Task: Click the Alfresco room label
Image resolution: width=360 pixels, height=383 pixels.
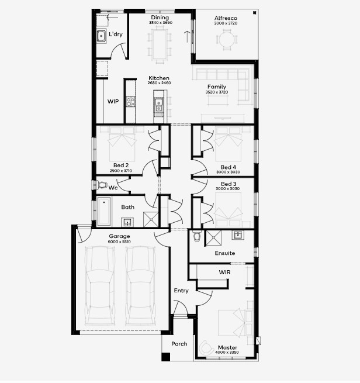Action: click(x=226, y=18)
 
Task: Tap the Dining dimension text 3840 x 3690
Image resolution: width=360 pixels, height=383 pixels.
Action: click(x=161, y=23)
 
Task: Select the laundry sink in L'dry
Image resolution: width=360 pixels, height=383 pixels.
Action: click(x=101, y=36)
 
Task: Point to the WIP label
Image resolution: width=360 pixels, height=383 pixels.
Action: click(x=113, y=101)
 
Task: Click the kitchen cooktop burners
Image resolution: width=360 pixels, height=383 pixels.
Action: click(x=130, y=101)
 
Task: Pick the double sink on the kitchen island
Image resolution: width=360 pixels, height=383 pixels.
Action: click(x=158, y=105)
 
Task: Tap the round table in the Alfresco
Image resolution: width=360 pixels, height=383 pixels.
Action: click(x=227, y=40)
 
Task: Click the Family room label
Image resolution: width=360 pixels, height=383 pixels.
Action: click(x=217, y=87)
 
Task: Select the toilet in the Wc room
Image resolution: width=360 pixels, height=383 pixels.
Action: click(x=102, y=185)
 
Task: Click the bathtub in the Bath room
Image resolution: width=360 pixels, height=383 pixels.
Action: click(x=104, y=211)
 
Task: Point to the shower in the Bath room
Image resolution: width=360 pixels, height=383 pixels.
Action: click(x=151, y=219)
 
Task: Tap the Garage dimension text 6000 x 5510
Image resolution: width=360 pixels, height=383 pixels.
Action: click(x=119, y=242)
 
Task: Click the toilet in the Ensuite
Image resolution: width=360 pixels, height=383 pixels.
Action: click(x=196, y=236)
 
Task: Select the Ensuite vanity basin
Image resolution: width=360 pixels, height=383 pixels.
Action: click(x=237, y=235)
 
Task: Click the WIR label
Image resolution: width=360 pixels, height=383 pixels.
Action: click(x=224, y=272)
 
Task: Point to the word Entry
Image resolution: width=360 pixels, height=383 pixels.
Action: click(x=181, y=291)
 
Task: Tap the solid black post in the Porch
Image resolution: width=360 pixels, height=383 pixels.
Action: click(x=166, y=357)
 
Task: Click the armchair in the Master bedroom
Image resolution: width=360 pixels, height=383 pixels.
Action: click(x=206, y=347)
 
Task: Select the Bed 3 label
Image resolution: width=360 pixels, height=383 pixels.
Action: click(x=229, y=184)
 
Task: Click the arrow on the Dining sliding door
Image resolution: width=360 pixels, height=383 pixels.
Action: click(x=187, y=37)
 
